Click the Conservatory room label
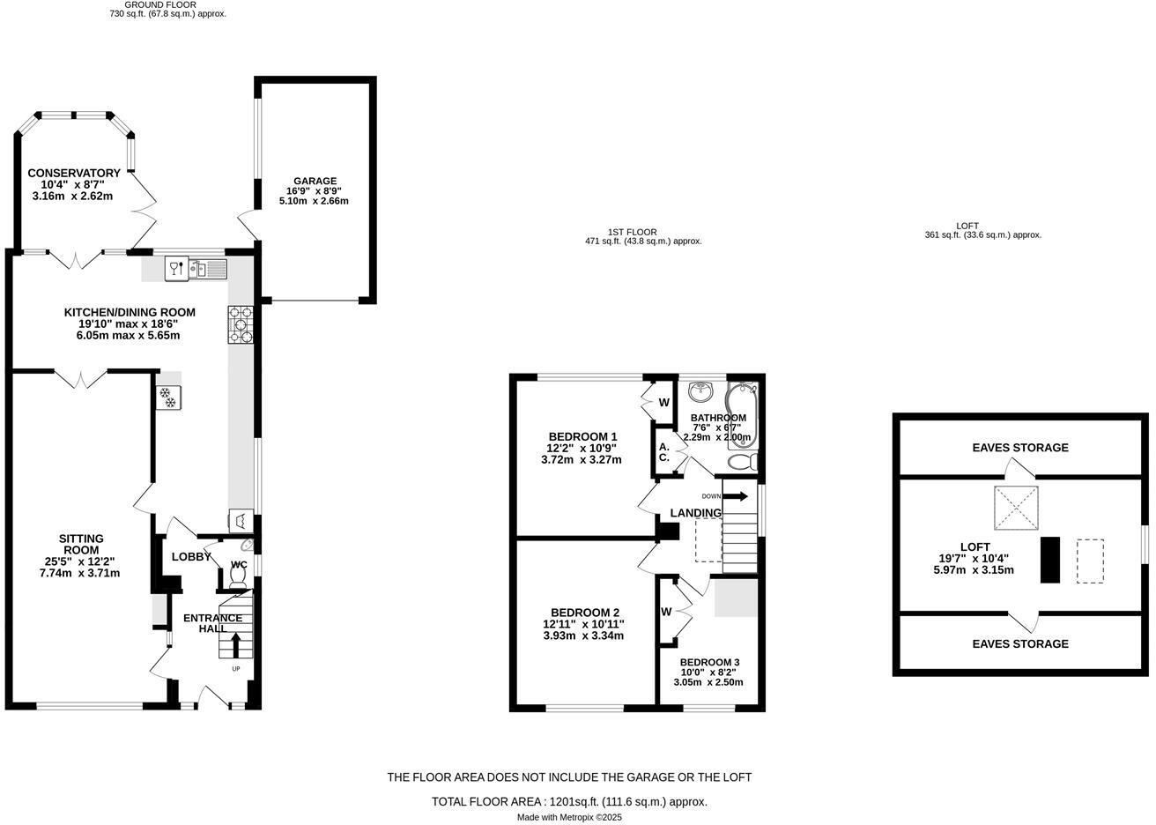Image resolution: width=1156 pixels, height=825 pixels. point(73,173)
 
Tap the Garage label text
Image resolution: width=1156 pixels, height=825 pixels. point(315,181)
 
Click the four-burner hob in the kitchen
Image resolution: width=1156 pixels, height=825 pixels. point(241,324)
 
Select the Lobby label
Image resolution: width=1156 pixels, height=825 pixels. point(190,557)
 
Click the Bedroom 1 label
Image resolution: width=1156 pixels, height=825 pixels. point(582,436)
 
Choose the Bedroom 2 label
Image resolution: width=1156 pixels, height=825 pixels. point(585,613)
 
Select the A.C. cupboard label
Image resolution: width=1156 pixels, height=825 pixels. point(664,452)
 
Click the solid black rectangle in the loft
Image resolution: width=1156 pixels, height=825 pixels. point(1049,560)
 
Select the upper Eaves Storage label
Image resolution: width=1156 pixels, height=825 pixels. point(1019,448)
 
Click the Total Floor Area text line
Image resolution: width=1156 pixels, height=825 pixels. point(569,802)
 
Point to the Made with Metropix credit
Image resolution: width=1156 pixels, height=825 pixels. point(569,818)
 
